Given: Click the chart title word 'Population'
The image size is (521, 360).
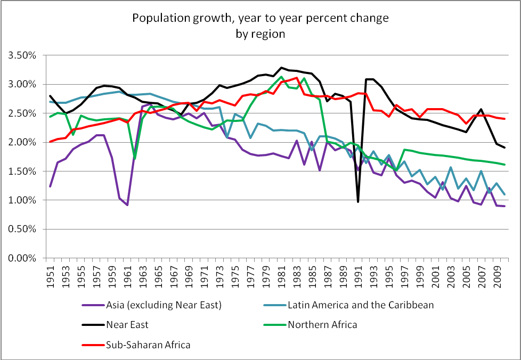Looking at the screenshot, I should coord(157,18).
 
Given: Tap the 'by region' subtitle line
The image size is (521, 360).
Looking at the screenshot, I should coord(260,34).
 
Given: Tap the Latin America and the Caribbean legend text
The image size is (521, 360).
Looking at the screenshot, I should coord(360,305).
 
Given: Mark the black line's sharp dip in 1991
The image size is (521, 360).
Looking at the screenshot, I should coord(358,202).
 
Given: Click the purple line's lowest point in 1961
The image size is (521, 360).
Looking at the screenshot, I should coord(127,205).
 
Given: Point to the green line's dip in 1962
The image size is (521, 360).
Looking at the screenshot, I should coord(135,159).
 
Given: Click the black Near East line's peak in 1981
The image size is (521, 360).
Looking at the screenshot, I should coord(281,68).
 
